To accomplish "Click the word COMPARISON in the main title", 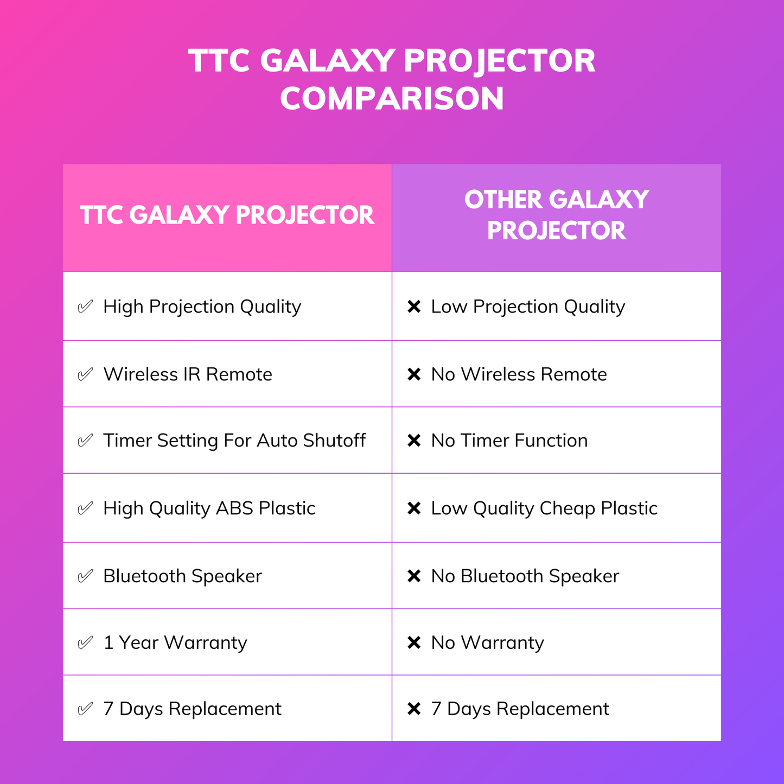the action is [392, 98].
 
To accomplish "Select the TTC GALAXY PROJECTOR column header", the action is [227, 215].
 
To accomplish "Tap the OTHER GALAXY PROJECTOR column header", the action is [556, 215].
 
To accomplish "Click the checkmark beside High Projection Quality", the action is [85, 307].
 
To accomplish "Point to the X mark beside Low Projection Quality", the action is [414, 307].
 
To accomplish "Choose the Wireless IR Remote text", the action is [188, 374].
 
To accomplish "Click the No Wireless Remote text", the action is [519, 374].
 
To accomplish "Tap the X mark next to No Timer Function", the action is [414, 440].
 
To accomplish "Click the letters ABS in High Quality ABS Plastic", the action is [235, 508].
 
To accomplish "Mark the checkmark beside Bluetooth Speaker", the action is [85, 576].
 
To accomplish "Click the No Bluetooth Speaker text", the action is [525, 576].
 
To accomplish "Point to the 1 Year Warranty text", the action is [175, 643].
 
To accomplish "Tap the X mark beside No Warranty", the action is [414, 643].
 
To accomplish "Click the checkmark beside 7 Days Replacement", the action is [85, 709].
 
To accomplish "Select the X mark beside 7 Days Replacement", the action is [414, 709].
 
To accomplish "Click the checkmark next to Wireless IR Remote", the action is [85, 374].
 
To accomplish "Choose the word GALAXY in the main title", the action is [328, 61].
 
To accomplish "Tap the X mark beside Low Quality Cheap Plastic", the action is [414, 508].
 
